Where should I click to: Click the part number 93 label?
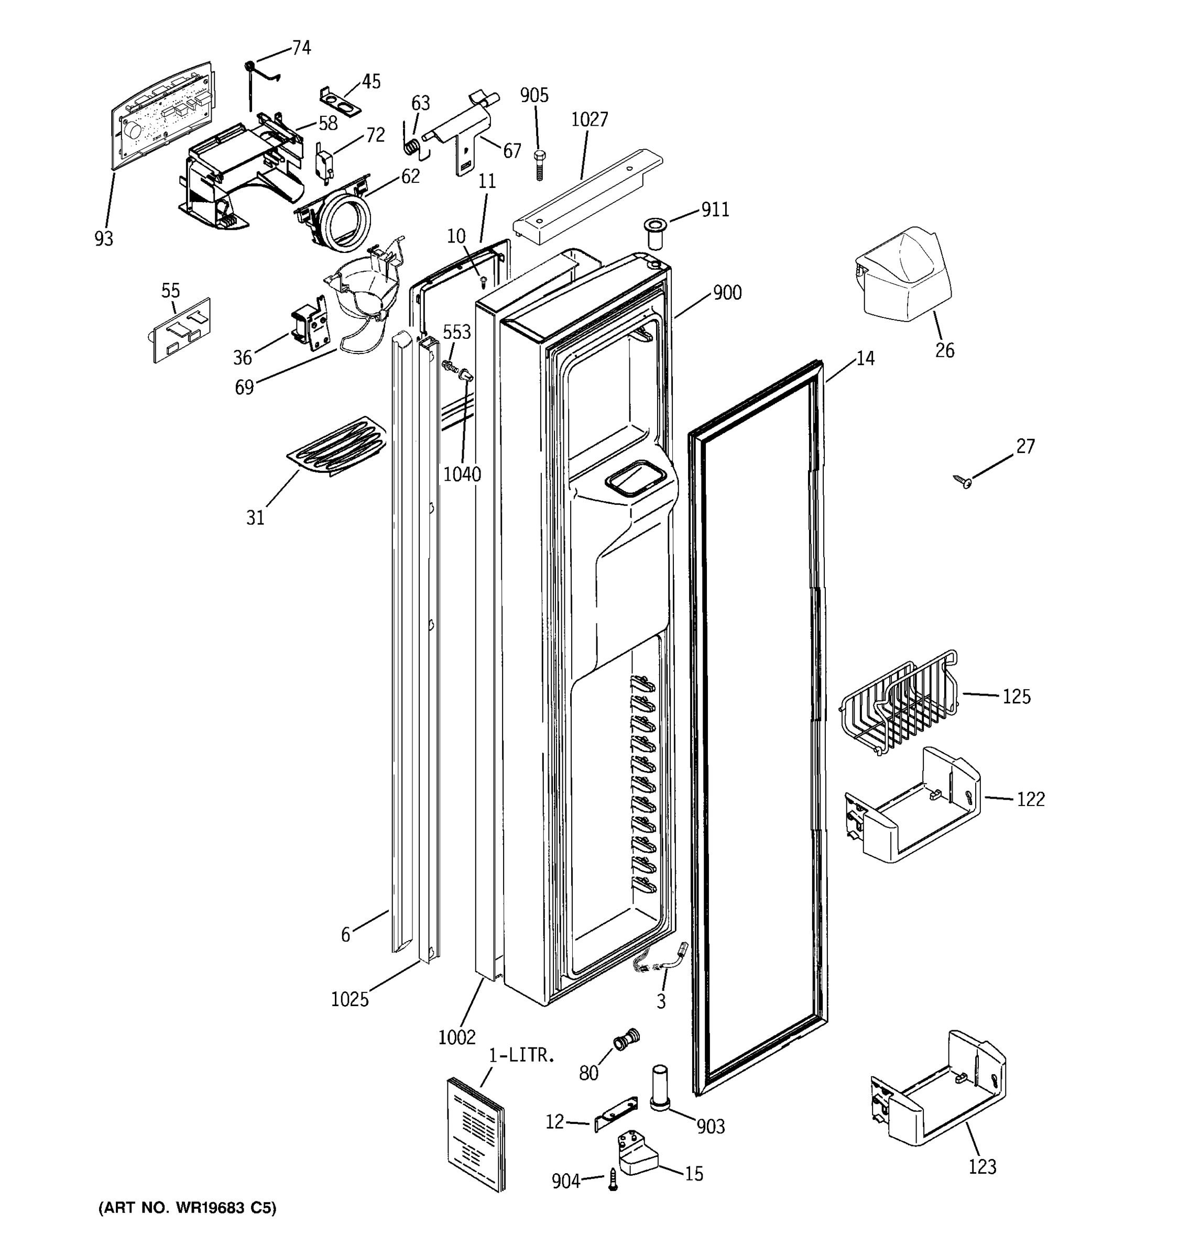click(104, 238)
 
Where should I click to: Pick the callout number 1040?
click(462, 474)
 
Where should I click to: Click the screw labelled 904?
click(612, 1180)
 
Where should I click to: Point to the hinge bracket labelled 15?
click(637, 1154)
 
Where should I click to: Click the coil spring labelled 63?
click(411, 146)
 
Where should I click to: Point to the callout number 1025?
click(349, 999)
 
